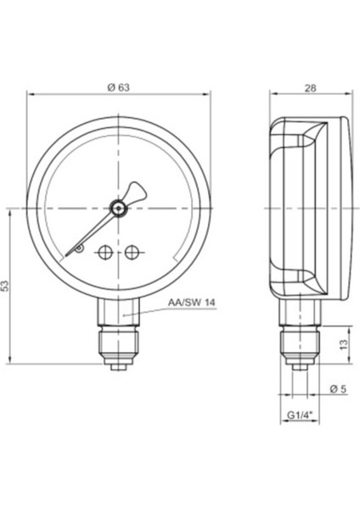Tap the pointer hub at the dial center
pos(120,206)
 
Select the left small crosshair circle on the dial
pos(106,252)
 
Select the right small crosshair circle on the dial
pos(132,252)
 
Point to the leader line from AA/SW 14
pos(149,310)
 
